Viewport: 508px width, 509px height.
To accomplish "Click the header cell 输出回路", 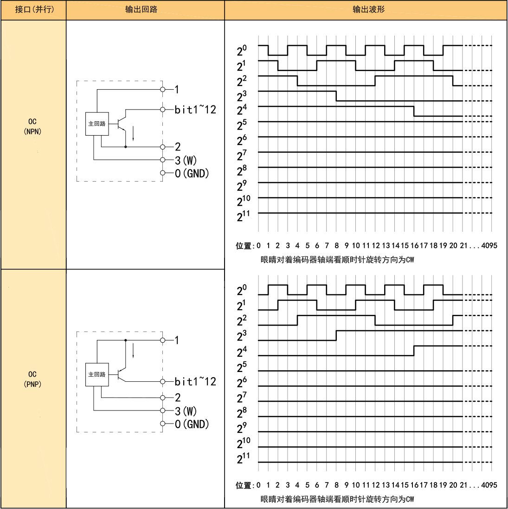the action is (141, 9).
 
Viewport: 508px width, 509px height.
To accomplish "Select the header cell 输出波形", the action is (369, 9).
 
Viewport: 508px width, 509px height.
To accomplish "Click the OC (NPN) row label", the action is (32, 126).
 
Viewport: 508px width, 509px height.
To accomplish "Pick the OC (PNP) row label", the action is (32, 379).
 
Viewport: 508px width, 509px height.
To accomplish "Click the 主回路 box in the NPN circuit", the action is (97, 124).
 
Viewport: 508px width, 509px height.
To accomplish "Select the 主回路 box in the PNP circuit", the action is (97, 374).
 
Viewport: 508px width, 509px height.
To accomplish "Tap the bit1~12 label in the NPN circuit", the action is (195, 110).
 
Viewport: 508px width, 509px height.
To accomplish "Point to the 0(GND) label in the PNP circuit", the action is (192, 424).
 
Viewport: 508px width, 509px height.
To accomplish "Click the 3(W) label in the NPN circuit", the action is (186, 160).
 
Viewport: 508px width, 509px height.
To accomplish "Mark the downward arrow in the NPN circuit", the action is (133, 134).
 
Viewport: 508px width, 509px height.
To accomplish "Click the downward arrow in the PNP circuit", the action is (133, 351).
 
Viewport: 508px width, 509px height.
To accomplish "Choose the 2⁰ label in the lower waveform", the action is (242, 290).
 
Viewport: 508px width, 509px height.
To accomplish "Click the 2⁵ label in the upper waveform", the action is (242, 124).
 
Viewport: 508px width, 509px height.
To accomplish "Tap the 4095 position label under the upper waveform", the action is (489, 246).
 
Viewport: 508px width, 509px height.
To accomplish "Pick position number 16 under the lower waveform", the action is (414, 485).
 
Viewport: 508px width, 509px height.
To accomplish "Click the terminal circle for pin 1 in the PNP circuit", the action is (163, 340).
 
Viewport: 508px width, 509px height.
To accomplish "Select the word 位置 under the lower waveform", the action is (243, 485).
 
